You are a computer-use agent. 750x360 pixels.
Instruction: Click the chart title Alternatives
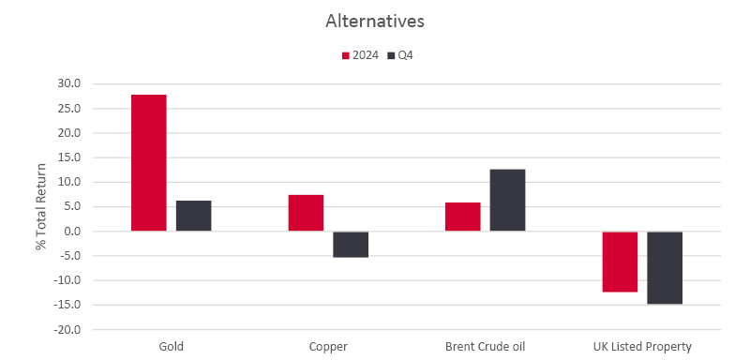coord(375,20)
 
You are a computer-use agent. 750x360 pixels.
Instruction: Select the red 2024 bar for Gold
coord(148,162)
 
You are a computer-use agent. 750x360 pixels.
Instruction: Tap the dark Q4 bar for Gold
coord(193,216)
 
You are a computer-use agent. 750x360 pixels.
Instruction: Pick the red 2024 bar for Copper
coord(306,213)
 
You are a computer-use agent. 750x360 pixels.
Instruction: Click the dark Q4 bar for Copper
coord(351,244)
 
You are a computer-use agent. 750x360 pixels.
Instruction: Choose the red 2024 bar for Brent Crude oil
coord(462,217)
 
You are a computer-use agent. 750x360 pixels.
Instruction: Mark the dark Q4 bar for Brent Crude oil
coord(507,200)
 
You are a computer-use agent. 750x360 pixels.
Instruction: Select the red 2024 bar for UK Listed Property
coord(620,262)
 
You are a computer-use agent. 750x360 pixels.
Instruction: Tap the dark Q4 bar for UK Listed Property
coord(665,267)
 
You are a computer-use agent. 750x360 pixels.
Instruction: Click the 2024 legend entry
coord(359,55)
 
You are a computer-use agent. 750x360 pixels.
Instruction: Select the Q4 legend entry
coord(400,55)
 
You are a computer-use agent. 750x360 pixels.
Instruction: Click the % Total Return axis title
coord(40,206)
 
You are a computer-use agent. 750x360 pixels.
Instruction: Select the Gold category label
coord(171,347)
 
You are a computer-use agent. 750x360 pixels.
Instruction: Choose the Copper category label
coord(328,347)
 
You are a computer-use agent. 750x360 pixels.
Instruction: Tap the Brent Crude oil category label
coord(485,347)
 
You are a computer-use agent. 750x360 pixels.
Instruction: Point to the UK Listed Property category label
coord(642,347)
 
